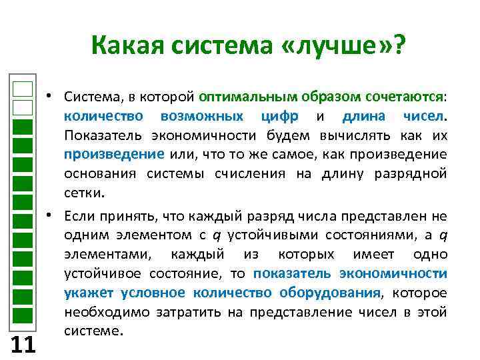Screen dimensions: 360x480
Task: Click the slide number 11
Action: point(23,344)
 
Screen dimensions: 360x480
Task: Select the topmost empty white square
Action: point(23,89)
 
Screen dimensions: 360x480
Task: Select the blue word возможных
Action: point(203,116)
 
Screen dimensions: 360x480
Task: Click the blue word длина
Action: point(363,116)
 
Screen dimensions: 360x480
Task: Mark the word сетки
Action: point(83,194)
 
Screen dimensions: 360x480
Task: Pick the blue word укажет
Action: point(86,293)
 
